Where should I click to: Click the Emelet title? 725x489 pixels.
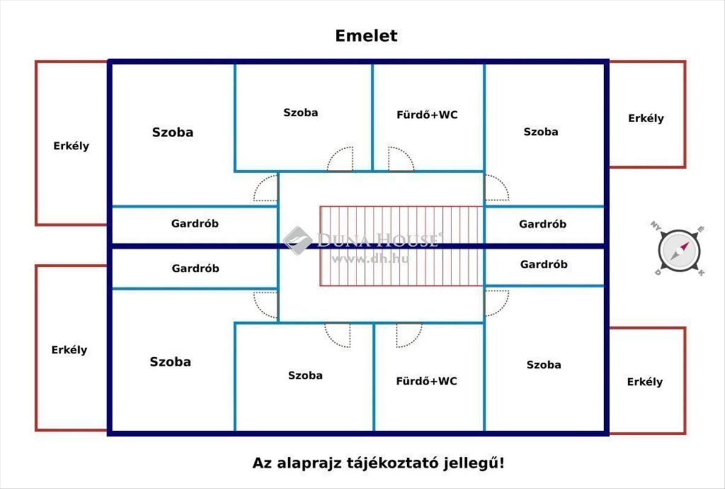[x=366, y=36]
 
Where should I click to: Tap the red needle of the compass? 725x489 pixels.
[x=685, y=247]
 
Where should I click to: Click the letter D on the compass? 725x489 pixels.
[x=657, y=273]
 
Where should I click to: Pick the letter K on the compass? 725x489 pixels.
[x=701, y=273]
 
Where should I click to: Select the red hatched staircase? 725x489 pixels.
[x=401, y=245]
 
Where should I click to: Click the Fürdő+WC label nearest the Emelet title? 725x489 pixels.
[x=427, y=114]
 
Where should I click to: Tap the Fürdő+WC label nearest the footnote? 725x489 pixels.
[x=427, y=381]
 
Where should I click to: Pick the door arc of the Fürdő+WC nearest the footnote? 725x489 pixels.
[x=409, y=335]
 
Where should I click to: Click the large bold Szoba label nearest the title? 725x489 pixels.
[x=173, y=132]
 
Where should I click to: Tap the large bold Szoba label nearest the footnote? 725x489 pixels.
[x=170, y=361]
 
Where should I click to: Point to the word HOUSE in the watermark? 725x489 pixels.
[x=408, y=240]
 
